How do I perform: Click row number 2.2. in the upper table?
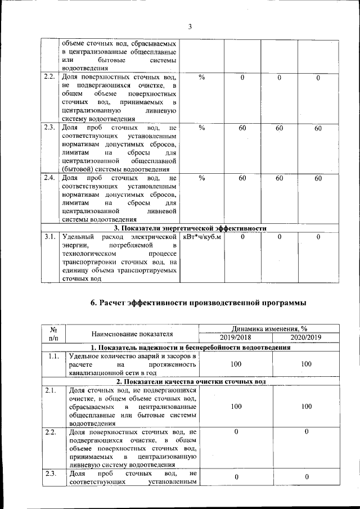50,76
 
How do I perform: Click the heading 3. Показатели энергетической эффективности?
190,228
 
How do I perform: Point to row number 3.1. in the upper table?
50,237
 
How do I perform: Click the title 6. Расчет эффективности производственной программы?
199,303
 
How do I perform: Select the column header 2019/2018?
236,337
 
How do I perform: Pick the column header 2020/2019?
305,337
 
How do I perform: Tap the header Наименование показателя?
133,334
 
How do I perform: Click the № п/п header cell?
55,334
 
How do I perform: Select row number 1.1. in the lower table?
54,356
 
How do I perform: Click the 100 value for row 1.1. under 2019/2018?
236,364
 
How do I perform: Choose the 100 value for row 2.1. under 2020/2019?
305,406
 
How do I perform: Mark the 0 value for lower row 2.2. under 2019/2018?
236,431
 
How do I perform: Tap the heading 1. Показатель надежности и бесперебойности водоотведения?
191,347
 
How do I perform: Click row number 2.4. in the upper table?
50,178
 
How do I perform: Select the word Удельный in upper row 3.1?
77,237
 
